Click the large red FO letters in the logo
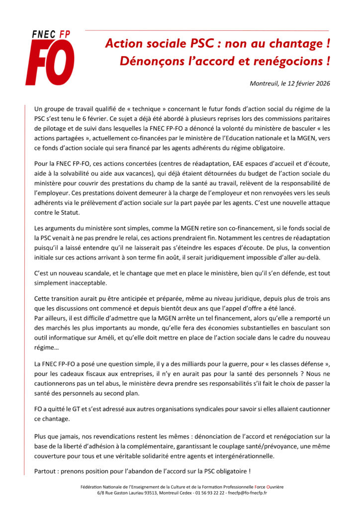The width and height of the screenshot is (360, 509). click(x=50, y=63)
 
